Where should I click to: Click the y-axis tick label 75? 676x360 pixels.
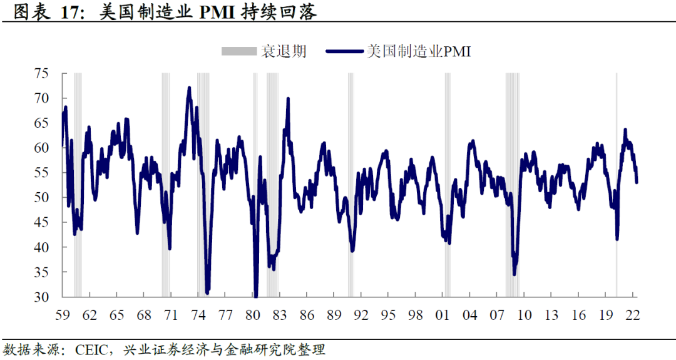(x=42, y=74)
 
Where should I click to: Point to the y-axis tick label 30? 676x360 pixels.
(x=42, y=297)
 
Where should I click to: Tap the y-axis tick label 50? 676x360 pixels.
(x=42, y=198)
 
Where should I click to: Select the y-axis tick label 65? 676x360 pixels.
(x=42, y=123)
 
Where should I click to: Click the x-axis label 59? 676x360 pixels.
(x=63, y=314)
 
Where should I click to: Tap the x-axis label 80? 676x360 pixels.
(x=253, y=314)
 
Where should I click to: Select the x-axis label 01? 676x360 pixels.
(x=443, y=314)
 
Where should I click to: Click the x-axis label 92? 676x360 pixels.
(x=361, y=314)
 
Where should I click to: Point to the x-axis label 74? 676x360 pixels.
(x=198, y=314)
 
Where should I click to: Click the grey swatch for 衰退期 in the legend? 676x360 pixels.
(x=239, y=51)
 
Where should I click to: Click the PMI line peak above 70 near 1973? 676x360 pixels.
(x=189, y=88)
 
